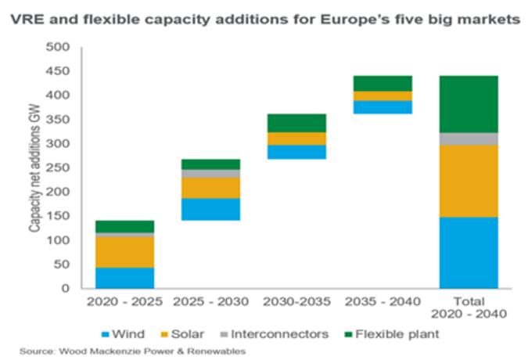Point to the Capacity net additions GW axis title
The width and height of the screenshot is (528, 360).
(36, 168)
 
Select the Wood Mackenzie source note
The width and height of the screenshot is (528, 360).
(134, 351)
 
